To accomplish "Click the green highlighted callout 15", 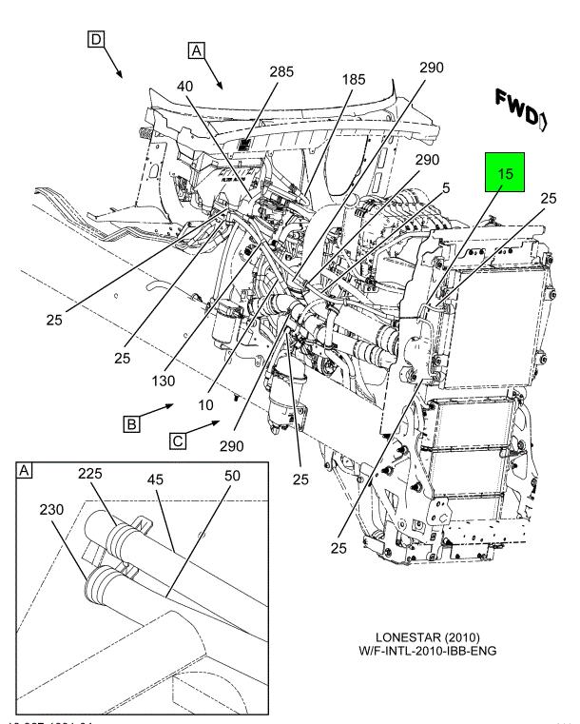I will point(507,175).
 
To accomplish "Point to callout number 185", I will point(353,81).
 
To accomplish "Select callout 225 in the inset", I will point(91,473).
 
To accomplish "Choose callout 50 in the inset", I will point(232,475).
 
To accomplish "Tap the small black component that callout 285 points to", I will point(243,145).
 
